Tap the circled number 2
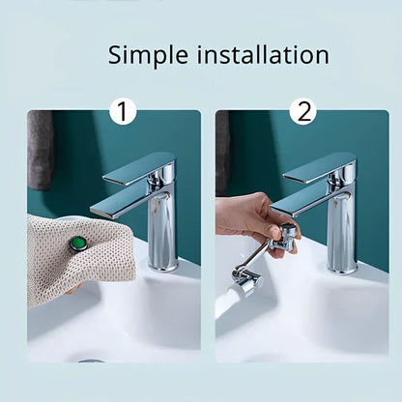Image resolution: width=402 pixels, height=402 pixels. coord(303,112)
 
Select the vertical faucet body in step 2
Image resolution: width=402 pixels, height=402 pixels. coord(341,232)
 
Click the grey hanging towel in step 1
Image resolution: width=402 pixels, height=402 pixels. coord(40,150)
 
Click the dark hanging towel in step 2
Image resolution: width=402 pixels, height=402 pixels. coord(222,150)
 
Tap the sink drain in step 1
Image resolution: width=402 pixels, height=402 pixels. coord(92,360)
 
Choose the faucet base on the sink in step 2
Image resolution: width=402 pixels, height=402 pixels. coord(342,268)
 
